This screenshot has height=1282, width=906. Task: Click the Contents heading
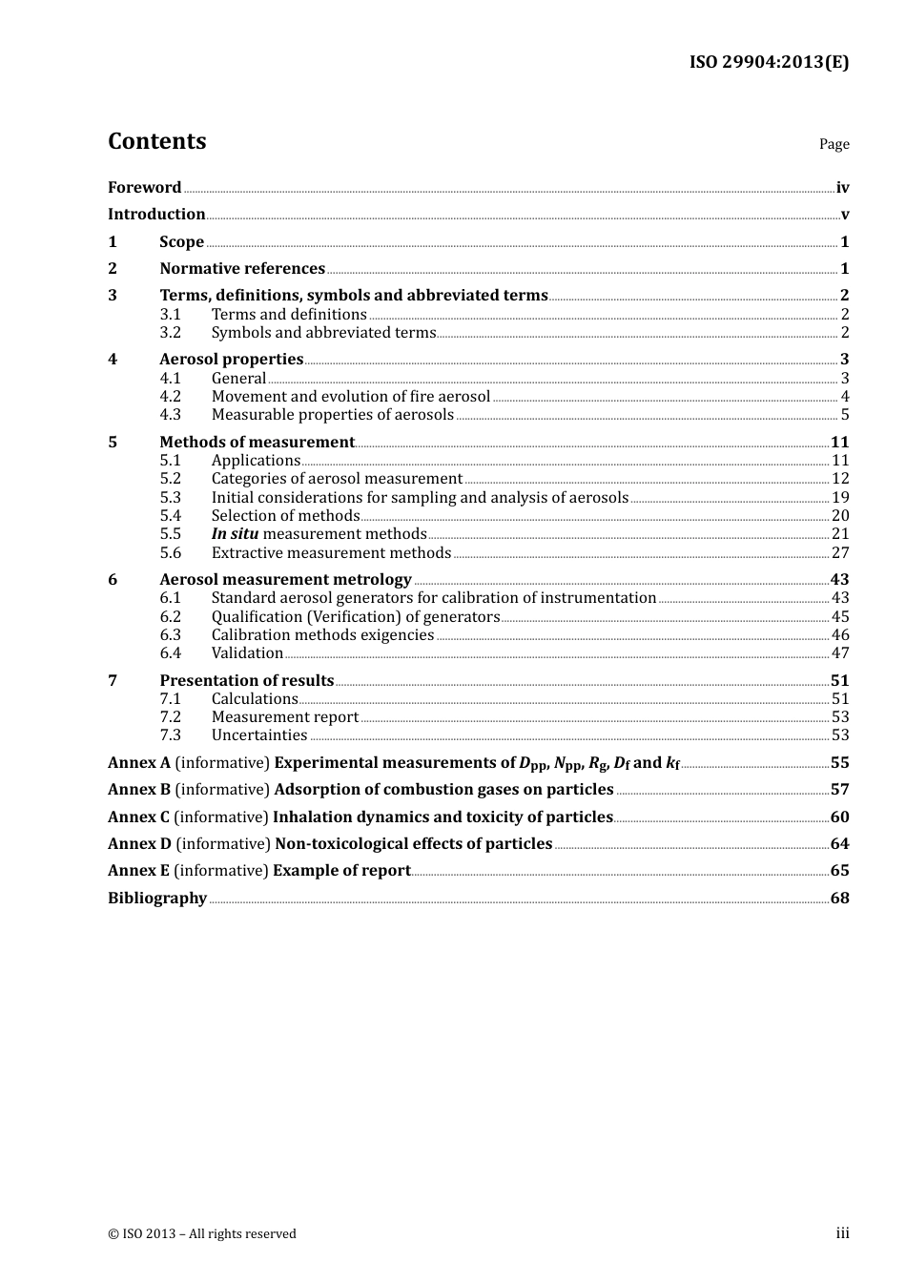pos(156,141)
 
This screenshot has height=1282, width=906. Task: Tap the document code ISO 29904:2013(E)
pos(769,63)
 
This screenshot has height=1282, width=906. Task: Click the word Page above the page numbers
pos(834,144)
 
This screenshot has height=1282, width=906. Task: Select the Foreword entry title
pos(144,188)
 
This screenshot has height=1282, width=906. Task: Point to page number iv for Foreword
pos(842,188)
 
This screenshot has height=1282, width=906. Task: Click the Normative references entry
pos(242,269)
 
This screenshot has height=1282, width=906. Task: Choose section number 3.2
pos(170,333)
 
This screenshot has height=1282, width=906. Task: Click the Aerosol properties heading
pos(231,360)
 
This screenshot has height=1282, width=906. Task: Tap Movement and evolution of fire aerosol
pos(350,397)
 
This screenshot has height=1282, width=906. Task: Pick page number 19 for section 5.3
pos(840,498)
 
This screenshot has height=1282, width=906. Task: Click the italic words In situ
pos(235,534)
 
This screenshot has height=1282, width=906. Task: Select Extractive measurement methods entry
pos(331,553)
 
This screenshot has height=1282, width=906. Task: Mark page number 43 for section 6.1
pos(840,598)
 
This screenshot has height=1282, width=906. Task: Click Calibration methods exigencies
pos(322,635)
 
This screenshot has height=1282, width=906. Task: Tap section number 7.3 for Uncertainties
pos(170,735)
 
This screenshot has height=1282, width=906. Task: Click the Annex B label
pos(139,790)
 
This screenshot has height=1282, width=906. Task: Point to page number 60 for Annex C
pos(839,817)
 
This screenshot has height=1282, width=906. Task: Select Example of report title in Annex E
pos(341,871)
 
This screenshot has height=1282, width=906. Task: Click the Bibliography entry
pos(157,899)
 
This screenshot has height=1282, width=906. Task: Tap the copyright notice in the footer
pos(202,1234)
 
